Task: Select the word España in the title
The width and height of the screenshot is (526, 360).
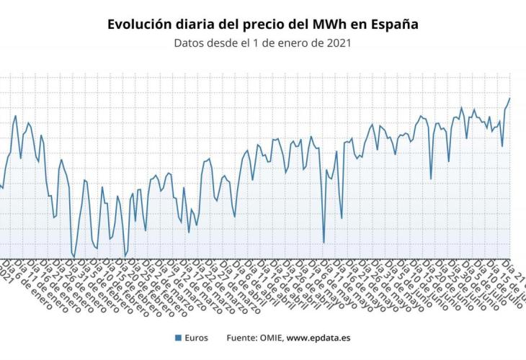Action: click(394, 24)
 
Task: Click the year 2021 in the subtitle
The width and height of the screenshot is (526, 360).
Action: click(336, 43)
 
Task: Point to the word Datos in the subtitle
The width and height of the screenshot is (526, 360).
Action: click(190, 43)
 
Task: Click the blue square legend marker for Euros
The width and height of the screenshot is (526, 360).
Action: click(177, 337)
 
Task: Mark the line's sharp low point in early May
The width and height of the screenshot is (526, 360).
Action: click(324, 243)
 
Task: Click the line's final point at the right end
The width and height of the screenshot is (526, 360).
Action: click(509, 99)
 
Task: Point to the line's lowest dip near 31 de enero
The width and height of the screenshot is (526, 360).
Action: click(73, 256)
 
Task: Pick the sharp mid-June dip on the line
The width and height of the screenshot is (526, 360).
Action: click(431, 179)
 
